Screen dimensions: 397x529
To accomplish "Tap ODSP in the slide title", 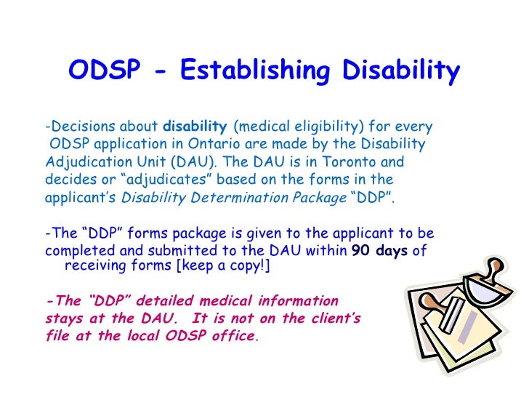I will point(101,72).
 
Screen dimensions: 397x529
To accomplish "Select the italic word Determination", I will point(219,197).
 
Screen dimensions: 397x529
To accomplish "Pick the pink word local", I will point(148,337).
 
